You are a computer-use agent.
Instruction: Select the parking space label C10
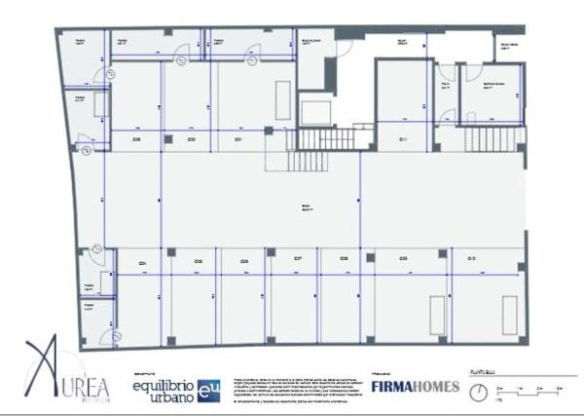coord(471,258)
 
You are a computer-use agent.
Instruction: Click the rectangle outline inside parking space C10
coord(510,314)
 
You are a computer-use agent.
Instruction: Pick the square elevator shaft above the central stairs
coord(317,109)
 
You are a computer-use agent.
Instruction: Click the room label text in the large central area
coord(305,208)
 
